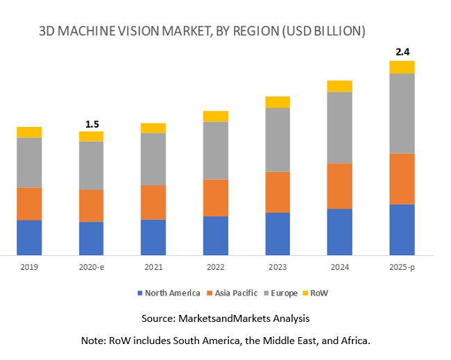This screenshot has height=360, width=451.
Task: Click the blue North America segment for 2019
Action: pyautogui.click(x=29, y=237)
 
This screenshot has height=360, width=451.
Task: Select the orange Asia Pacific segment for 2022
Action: pyautogui.click(x=216, y=198)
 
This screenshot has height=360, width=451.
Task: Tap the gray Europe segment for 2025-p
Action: pyautogui.click(x=402, y=113)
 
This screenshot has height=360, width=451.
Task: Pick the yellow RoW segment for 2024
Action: pyautogui.click(x=340, y=86)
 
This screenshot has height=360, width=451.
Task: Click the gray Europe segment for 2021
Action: pyautogui.click(x=153, y=159)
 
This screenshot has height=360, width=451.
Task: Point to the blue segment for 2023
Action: pyautogui.click(x=278, y=233)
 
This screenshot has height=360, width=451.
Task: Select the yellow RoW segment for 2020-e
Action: pyautogui.click(x=91, y=136)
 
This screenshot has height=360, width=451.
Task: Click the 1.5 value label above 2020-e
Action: pyautogui.click(x=92, y=124)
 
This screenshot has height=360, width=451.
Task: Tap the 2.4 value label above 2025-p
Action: pyautogui.click(x=402, y=52)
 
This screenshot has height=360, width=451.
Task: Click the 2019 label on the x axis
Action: pyautogui.click(x=29, y=267)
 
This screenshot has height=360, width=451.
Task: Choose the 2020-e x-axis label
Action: pyautogui.click(x=92, y=267)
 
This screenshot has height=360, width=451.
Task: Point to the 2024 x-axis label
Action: pyautogui.click(x=340, y=267)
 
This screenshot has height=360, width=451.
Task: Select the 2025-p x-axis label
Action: pyautogui.click(x=402, y=267)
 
